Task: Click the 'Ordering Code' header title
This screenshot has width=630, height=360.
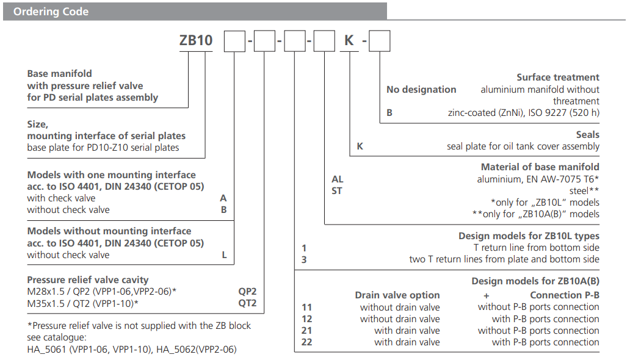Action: point(51,12)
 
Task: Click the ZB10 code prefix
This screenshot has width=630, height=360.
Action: point(196,41)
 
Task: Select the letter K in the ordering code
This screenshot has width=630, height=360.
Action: point(349,41)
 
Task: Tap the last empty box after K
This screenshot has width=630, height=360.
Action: point(380,41)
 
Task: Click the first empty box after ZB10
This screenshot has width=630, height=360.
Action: point(234,41)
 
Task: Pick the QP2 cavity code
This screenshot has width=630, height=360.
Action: point(247,291)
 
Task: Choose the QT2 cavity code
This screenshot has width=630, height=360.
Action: point(247,303)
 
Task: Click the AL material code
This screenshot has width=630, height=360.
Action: point(337,179)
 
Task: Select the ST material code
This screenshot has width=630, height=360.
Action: point(337,191)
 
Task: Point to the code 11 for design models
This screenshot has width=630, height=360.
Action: point(306,308)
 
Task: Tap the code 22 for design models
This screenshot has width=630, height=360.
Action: point(306,342)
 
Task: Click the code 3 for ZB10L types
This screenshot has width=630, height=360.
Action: point(304,259)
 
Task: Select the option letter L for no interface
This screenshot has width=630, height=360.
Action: point(224,255)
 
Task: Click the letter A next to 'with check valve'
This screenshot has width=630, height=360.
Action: point(223,198)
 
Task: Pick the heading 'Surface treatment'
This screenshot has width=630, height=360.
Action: point(558,77)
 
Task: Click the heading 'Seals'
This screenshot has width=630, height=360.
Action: point(587,135)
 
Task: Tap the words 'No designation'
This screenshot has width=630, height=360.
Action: point(421,90)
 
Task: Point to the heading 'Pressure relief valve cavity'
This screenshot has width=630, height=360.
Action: point(88,280)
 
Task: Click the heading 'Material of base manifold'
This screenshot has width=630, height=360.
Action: point(540,167)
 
